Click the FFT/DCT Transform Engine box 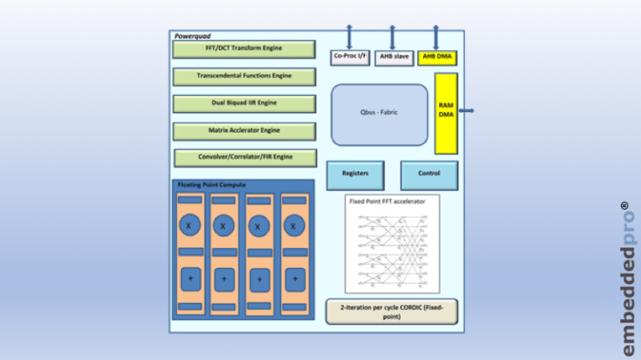(x=244, y=49)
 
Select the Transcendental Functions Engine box (x=244, y=76)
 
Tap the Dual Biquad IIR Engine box (x=244, y=104)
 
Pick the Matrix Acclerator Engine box (x=244, y=131)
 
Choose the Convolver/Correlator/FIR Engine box (x=245, y=157)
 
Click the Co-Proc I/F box (x=350, y=57)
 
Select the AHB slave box (x=393, y=57)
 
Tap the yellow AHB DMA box (x=438, y=57)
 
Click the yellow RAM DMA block (x=446, y=113)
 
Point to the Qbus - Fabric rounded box (x=380, y=114)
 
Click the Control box (x=429, y=175)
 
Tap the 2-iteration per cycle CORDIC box (x=391, y=312)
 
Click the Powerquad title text (x=193, y=36)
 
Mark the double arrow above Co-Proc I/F (x=349, y=37)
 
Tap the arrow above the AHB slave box (x=392, y=37)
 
